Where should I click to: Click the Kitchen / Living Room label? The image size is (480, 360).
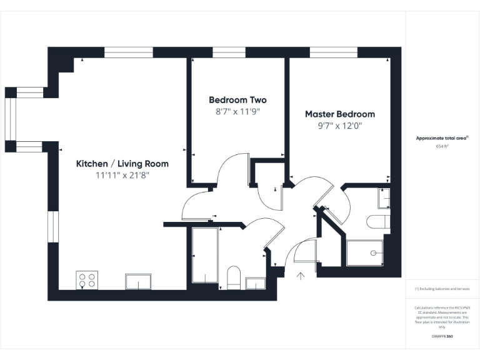tap(122, 164)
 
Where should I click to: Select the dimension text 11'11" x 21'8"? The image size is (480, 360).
tap(122, 176)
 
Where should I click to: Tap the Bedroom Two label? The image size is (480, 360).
tap(237, 100)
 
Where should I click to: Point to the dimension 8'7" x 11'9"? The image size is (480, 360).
tap(237, 112)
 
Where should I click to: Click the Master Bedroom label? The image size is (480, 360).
tap(340, 114)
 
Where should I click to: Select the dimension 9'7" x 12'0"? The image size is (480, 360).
tap(340, 126)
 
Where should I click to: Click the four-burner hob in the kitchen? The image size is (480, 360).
tap(87, 280)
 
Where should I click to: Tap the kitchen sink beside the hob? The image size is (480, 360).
tap(138, 282)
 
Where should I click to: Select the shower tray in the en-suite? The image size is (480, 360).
tap(365, 253)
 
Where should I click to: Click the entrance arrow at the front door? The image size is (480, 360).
tap(300, 275)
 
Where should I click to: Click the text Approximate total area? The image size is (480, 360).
tap(442, 138)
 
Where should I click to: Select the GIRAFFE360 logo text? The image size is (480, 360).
tap(442, 336)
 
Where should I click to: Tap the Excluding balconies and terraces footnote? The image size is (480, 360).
tap(442, 289)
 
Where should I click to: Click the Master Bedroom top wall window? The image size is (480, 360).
tap(334, 52)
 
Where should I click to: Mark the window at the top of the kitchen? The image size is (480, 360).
tap(128, 52)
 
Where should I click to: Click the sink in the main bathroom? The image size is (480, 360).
tap(255, 283)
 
